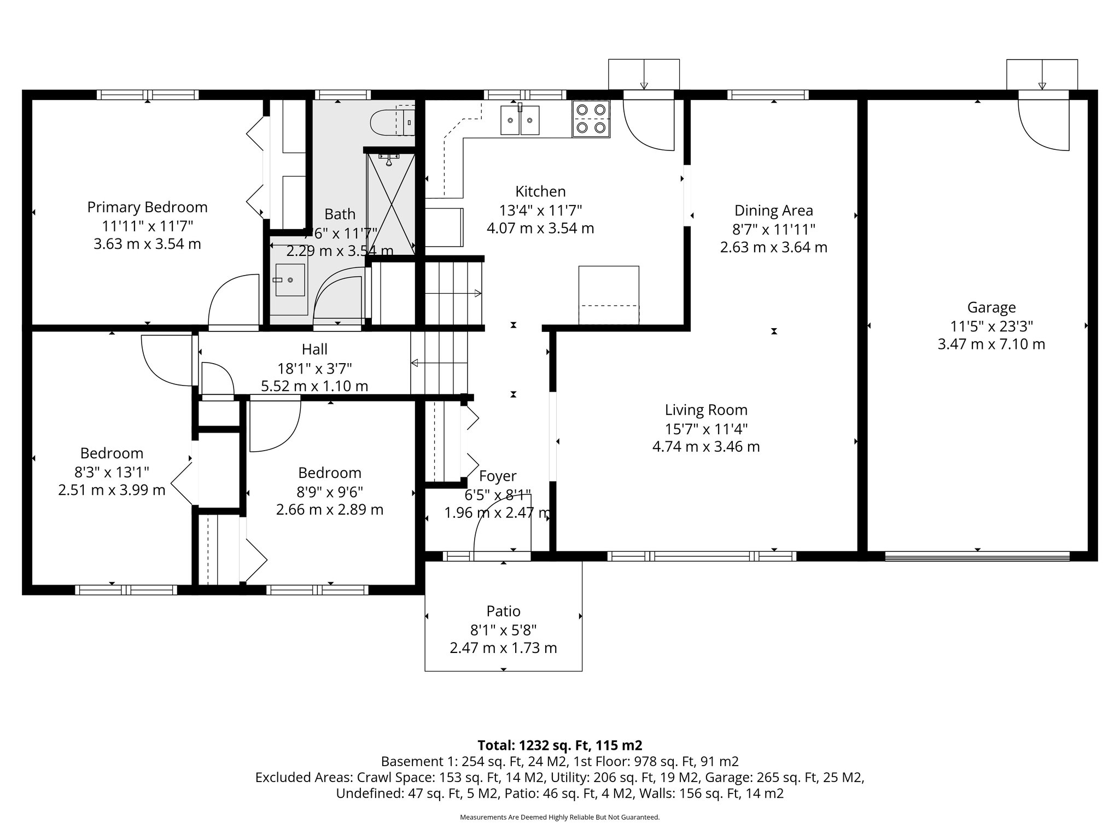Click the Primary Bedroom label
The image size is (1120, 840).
147,207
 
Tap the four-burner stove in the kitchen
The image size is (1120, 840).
591,119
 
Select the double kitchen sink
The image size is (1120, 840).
520,120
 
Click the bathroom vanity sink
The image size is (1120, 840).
290,280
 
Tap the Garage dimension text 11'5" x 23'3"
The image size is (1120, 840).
991,326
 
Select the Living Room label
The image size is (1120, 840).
705,410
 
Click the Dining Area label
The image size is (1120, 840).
773,211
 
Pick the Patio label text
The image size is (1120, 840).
503,611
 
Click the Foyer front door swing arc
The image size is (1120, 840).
500,525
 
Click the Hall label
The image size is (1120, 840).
314,349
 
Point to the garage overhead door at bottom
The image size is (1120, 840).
977,557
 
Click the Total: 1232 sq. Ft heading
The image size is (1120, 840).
559,745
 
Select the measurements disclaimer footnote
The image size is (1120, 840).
559,817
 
